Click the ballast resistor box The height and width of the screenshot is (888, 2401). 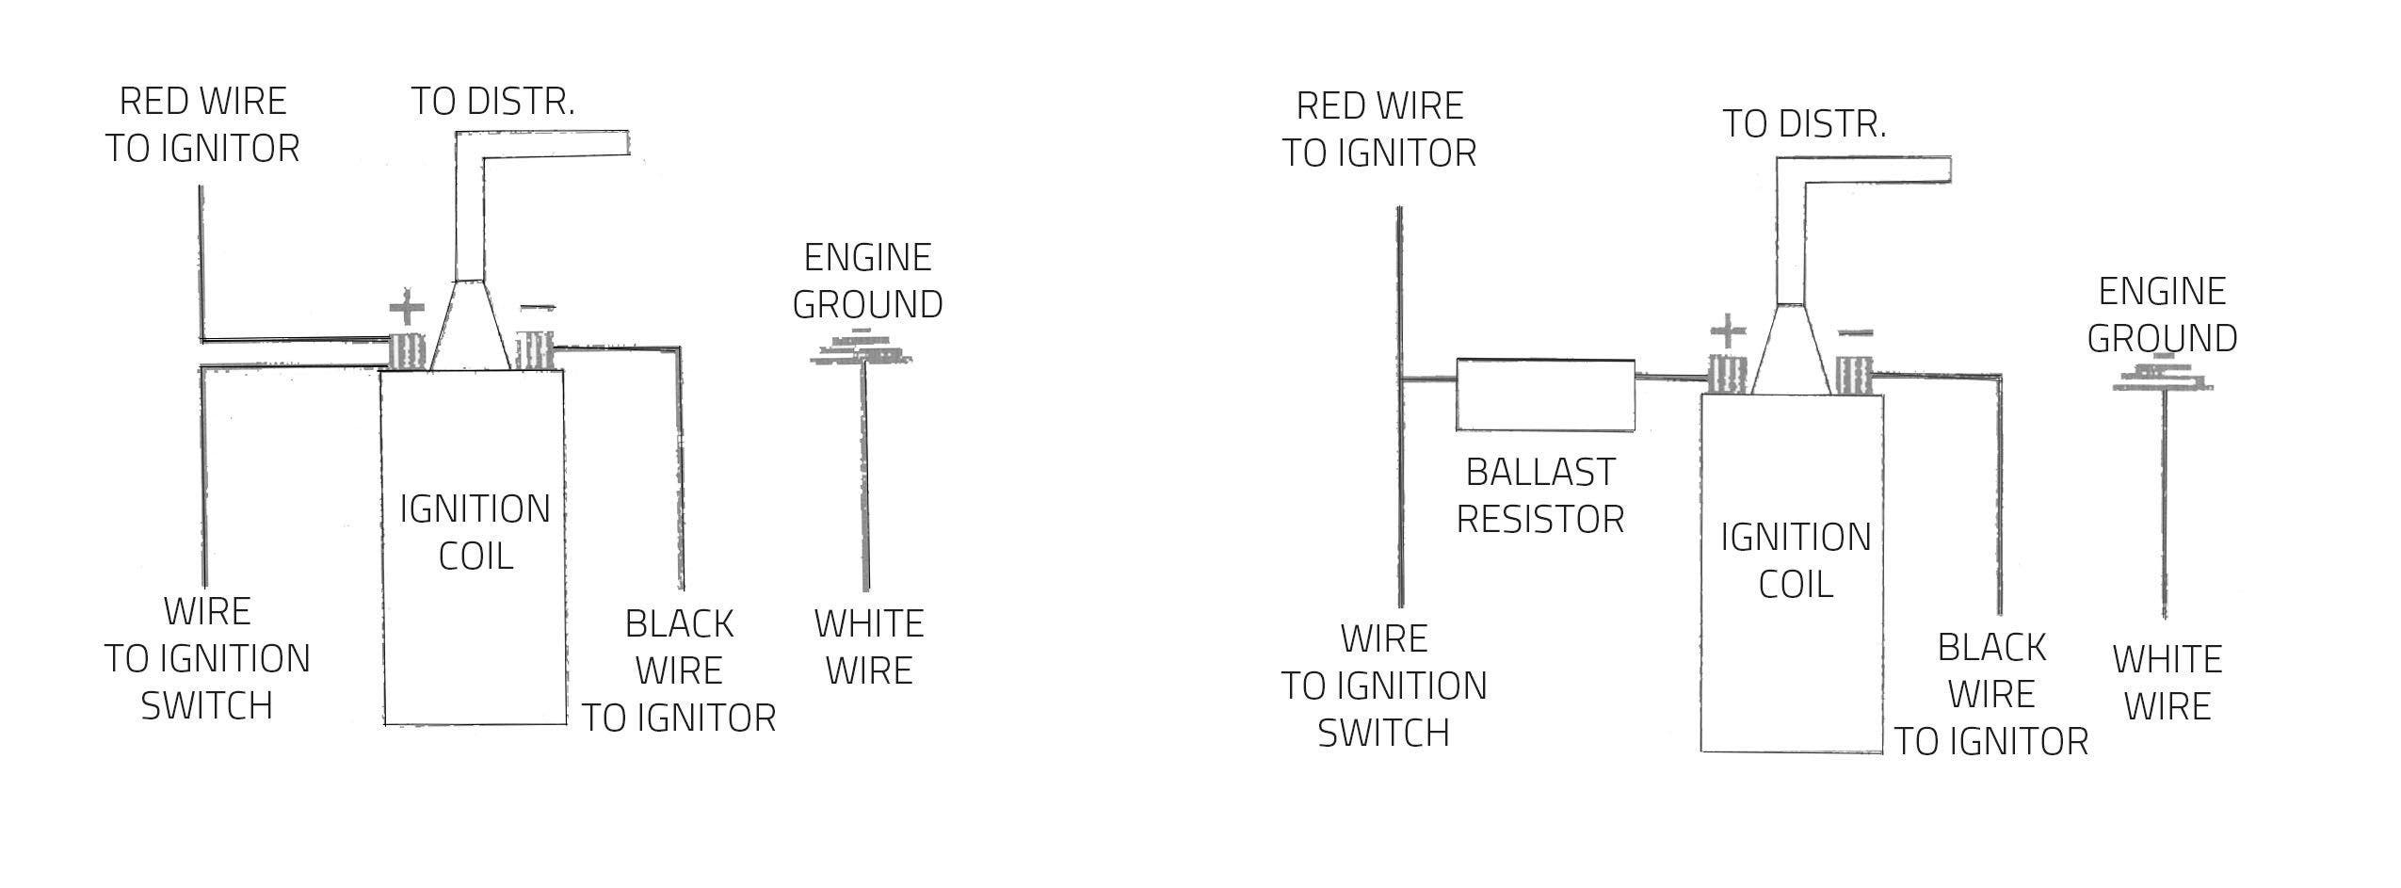1544,395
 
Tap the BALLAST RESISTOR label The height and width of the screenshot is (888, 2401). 1540,495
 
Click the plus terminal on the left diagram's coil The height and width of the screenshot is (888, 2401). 407,350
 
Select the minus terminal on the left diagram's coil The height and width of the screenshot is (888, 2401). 534,350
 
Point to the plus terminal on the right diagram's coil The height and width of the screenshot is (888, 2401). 1728,375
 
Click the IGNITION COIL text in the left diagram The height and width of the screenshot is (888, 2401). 475,532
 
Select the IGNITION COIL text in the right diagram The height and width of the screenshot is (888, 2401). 1796,560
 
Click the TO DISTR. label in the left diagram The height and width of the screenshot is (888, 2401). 492,102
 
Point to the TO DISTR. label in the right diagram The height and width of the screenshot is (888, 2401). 1804,124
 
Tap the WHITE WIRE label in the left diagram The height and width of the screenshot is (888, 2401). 869,647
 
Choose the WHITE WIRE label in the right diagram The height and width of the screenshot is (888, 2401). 2167,683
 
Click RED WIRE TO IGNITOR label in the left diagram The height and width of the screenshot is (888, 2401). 202,124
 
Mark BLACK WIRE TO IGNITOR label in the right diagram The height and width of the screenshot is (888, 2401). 1991,694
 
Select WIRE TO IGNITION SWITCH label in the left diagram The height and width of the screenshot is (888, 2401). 207,658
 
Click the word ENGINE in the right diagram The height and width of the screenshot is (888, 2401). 2162,291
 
